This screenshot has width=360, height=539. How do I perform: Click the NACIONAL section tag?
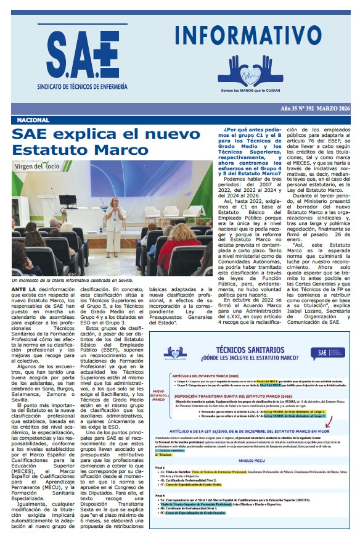click(33, 120)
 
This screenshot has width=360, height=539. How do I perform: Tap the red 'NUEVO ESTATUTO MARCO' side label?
click(159, 394)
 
